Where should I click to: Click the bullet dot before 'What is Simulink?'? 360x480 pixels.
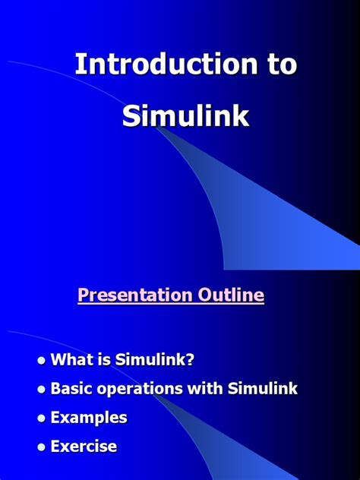(x=42, y=360)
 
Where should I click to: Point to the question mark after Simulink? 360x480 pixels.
(x=201, y=360)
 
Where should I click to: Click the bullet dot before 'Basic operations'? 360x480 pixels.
(x=42, y=389)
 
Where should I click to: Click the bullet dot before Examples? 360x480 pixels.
(x=42, y=418)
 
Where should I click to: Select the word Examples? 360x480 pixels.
(x=89, y=418)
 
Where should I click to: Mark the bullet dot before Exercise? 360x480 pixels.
(x=42, y=447)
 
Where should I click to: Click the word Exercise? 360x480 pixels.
(x=84, y=447)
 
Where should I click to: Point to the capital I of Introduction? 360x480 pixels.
(x=78, y=65)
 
